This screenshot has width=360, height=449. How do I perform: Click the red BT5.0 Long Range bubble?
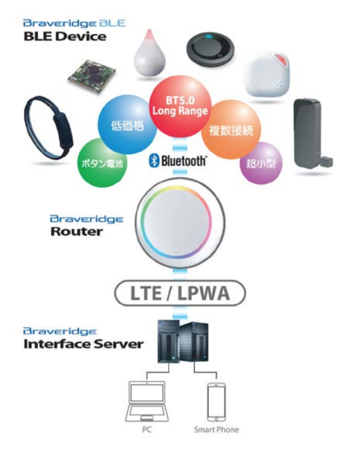click(x=180, y=107)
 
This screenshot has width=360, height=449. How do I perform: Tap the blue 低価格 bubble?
click(x=127, y=125)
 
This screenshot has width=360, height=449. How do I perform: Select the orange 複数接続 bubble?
click(x=231, y=129)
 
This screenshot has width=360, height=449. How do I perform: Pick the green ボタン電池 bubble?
click(x=102, y=163)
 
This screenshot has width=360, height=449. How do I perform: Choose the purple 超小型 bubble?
click(x=261, y=163)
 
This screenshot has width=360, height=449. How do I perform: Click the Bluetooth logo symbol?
click(x=154, y=160)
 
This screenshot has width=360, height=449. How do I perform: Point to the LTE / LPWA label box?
click(x=180, y=293)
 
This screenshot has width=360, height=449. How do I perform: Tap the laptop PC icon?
click(x=147, y=401)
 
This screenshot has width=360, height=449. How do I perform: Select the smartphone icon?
click(x=216, y=402)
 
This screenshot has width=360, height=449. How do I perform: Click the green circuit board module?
click(x=92, y=76)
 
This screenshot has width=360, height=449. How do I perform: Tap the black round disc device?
click(x=210, y=49)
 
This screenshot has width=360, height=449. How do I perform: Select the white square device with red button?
click(x=267, y=75)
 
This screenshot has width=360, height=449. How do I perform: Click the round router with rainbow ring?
click(x=180, y=223)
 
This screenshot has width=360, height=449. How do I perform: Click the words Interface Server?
click(x=83, y=344)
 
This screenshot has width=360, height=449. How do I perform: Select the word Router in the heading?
click(x=76, y=232)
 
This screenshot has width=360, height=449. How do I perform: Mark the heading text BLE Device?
click(x=65, y=36)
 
